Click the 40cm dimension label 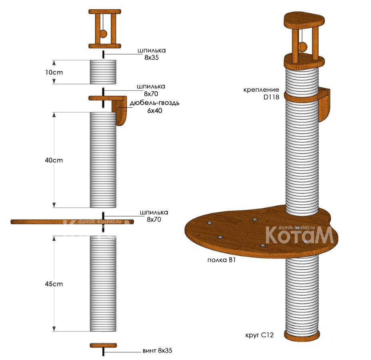[54, 160]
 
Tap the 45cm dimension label [54, 284]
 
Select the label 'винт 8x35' [157, 351]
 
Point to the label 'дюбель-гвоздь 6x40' [154, 106]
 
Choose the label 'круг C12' [260, 335]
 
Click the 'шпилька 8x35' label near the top [151, 54]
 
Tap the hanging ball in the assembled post [302, 47]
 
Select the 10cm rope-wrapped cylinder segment [103, 72]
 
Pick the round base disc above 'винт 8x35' [103, 345]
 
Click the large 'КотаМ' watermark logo [299, 236]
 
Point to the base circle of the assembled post [302, 335]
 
